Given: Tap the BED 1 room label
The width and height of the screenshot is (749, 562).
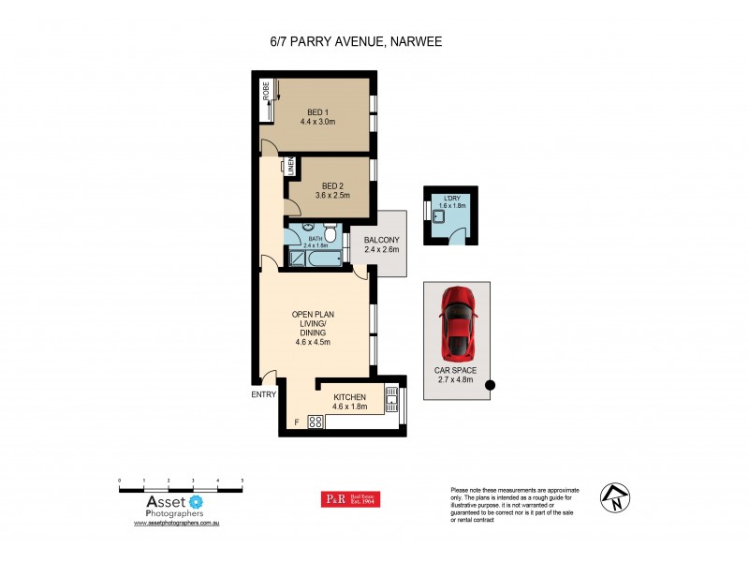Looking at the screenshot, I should [317, 112].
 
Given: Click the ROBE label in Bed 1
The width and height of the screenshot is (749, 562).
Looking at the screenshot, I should [266, 91].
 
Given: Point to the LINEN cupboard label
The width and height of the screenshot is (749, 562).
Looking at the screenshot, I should [291, 167].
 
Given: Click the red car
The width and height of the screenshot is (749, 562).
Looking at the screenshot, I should [458, 322].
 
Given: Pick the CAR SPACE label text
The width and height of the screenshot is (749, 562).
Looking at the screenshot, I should [456, 370].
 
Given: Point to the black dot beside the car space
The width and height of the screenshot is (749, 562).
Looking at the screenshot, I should [488, 383].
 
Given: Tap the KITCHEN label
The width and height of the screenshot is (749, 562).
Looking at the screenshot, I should [348, 397].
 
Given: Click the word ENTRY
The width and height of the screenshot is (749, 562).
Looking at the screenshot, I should [263, 394].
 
